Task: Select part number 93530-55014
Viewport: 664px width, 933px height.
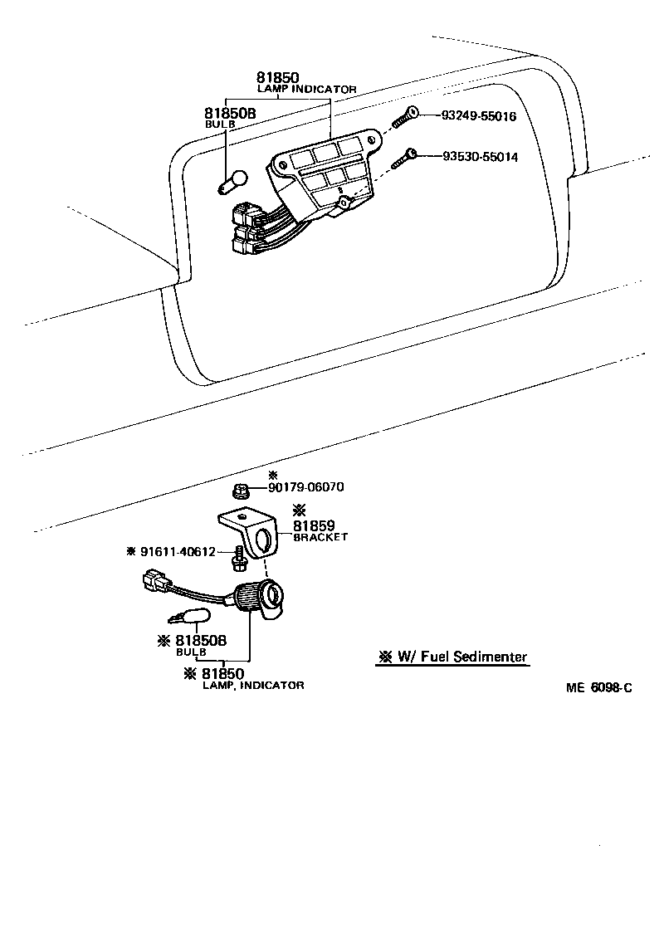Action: point(479,156)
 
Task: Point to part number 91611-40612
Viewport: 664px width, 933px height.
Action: point(178,551)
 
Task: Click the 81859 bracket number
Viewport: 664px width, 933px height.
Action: point(312,525)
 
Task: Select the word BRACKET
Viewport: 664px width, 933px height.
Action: point(320,537)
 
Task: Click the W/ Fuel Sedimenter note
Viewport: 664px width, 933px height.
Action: point(452,657)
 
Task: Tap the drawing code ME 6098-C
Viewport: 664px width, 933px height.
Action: point(599,688)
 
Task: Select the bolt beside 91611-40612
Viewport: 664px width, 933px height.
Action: point(239,559)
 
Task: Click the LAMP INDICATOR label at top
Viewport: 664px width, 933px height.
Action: point(306,88)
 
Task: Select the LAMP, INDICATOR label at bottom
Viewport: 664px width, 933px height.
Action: point(253,685)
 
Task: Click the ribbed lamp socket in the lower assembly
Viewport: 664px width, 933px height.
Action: point(250,598)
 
